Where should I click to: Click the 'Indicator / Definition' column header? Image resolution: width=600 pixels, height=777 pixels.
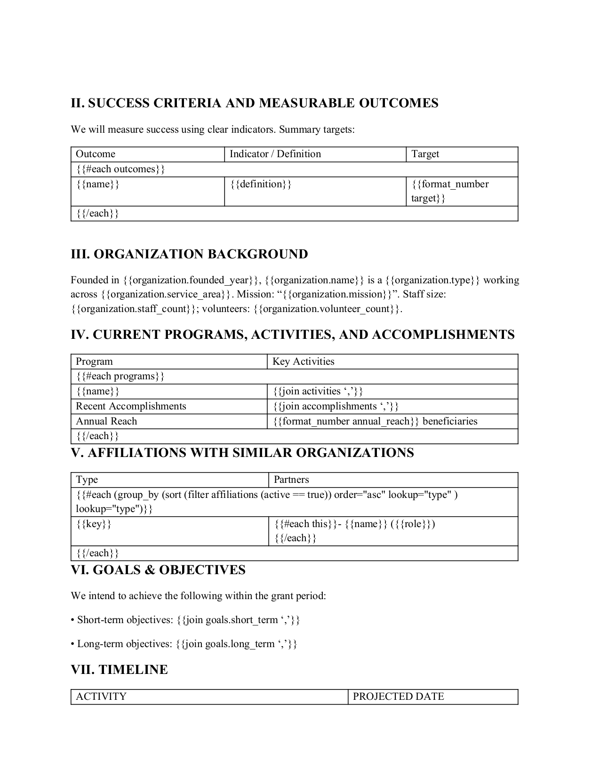[275, 154]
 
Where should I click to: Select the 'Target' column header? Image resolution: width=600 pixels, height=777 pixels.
[425, 154]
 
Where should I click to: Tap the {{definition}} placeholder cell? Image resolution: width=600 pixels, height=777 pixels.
[261, 184]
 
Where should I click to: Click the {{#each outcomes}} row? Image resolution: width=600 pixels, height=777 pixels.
[120, 169]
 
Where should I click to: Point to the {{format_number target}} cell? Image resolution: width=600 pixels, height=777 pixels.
[449, 191]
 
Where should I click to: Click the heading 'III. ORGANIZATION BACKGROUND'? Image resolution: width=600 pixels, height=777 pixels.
[189, 254]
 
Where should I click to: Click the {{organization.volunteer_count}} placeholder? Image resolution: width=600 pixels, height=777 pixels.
[328, 309]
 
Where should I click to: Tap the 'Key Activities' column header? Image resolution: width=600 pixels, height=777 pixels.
[303, 361]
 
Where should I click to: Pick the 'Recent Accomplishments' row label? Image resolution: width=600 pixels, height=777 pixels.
[131, 406]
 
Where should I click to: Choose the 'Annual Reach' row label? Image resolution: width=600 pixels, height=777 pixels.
[106, 421]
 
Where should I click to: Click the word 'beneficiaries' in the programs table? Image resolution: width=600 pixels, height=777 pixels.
[450, 421]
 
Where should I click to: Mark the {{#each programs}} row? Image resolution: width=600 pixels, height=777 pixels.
[120, 376]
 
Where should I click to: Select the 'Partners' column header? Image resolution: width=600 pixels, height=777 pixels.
[291, 480]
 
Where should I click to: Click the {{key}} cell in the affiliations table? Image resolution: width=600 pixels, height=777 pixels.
[94, 524]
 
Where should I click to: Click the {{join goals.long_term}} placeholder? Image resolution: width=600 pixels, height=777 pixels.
[237, 644]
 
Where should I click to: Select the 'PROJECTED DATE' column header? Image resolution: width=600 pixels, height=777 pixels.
[398, 697]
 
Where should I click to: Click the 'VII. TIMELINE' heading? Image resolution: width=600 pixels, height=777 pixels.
[119, 670]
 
